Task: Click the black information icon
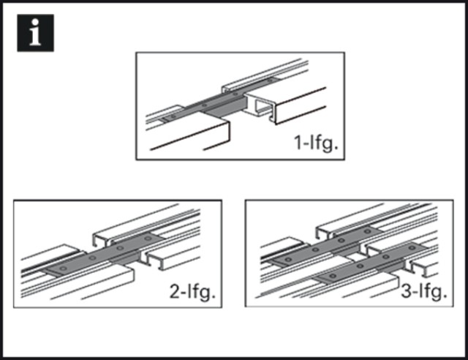click(x=36, y=33)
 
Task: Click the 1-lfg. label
click(x=316, y=143)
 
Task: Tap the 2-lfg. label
click(x=192, y=292)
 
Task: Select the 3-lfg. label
click(x=424, y=292)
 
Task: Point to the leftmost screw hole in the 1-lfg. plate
click(x=173, y=116)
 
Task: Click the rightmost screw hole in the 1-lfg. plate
click(x=270, y=80)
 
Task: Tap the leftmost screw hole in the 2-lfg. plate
click(x=63, y=269)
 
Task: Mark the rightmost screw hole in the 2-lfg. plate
click(x=148, y=238)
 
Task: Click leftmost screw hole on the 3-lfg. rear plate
click(x=288, y=259)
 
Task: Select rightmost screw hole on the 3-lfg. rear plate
click(x=367, y=231)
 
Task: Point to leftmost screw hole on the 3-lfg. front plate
click(x=333, y=275)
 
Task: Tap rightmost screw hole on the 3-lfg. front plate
click(x=412, y=247)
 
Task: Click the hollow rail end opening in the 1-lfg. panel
click(x=263, y=108)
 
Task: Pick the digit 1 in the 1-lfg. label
click(x=298, y=142)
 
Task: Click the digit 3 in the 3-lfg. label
click(x=406, y=290)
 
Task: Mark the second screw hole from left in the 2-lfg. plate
click(x=93, y=258)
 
